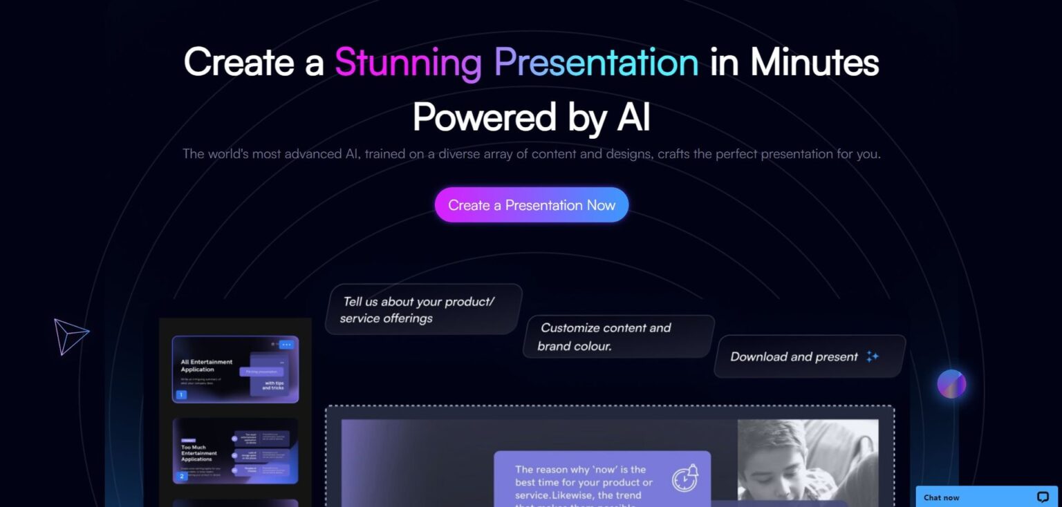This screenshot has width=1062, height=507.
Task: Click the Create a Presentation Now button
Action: [531, 205]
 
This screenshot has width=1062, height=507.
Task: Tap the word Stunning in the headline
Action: [408, 63]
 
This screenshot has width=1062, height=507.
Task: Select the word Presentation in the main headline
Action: [597, 63]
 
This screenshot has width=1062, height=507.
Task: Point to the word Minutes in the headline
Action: [814, 63]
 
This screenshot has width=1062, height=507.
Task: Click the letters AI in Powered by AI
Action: [632, 117]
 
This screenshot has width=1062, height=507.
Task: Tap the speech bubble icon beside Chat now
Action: [1043, 497]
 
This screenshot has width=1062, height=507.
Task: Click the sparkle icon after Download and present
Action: [873, 356]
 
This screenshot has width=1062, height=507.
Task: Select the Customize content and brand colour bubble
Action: [619, 337]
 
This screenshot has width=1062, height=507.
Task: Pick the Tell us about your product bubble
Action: [423, 309]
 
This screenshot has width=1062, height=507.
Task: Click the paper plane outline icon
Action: [70, 336]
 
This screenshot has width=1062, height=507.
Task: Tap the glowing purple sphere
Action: [951, 384]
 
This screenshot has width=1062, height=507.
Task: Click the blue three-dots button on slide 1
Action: [286, 344]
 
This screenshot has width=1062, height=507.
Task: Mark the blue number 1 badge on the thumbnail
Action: [181, 395]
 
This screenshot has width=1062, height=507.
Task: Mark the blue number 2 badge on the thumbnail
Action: [182, 476]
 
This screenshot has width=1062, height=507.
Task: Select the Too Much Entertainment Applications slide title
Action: [198, 453]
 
